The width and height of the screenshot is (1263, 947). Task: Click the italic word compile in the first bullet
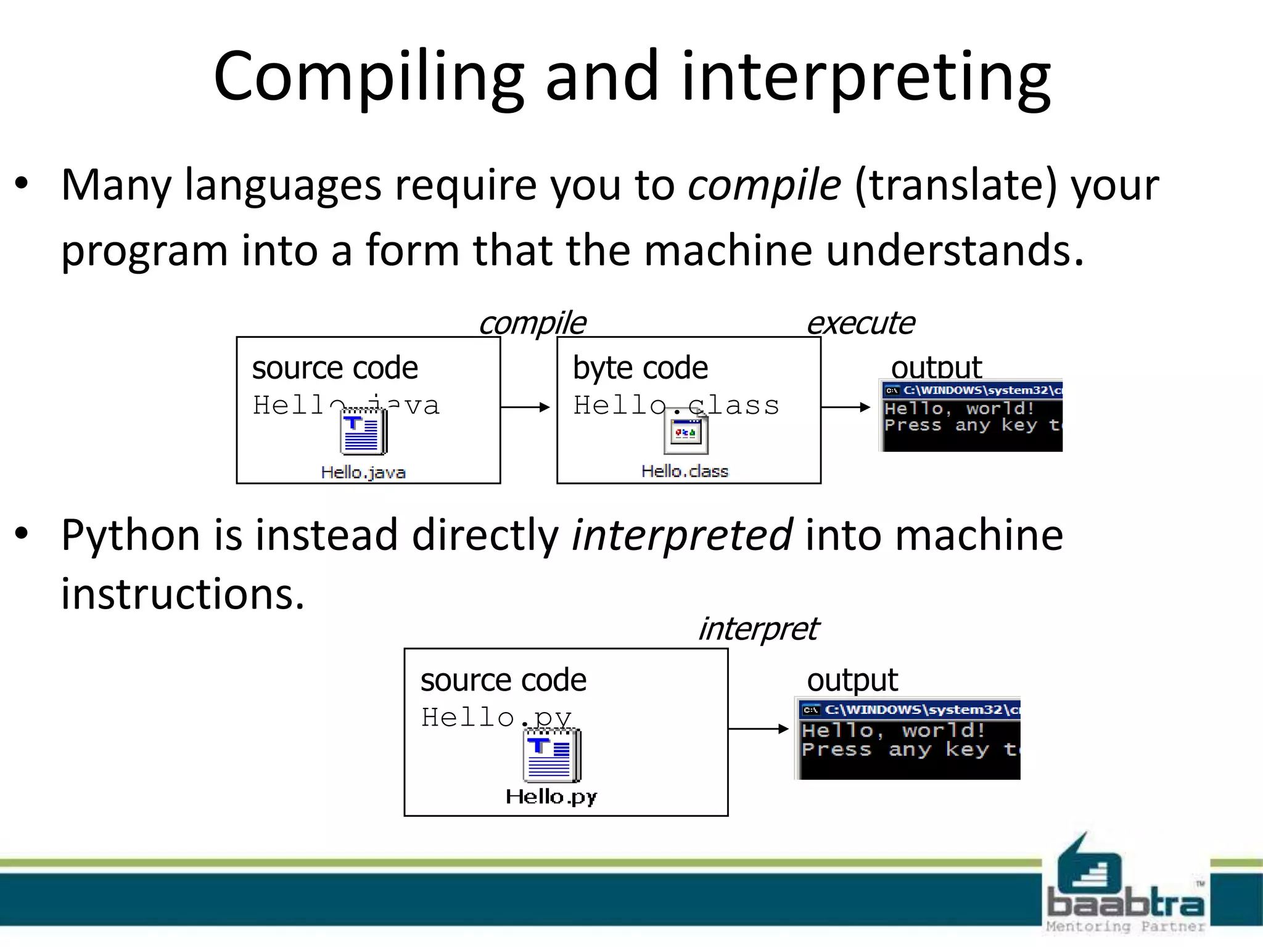[x=763, y=184]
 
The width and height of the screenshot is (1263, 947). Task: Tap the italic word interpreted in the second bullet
[x=681, y=535]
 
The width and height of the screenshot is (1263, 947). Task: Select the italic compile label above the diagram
[x=532, y=323]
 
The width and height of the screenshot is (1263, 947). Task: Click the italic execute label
[x=860, y=323]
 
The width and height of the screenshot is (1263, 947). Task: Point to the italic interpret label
[x=757, y=629]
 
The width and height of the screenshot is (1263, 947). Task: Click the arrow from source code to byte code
[x=525, y=407]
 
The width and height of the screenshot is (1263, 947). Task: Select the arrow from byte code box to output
[x=845, y=407]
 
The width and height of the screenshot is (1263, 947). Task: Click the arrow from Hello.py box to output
[x=758, y=729]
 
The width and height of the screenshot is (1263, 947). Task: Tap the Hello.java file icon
[x=363, y=432]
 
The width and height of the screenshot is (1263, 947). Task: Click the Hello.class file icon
[x=685, y=432]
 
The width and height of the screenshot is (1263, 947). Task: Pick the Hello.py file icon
[x=551, y=756]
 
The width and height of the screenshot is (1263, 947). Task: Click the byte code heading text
[x=640, y=368]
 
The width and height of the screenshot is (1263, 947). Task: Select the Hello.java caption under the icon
[x=363, y=472]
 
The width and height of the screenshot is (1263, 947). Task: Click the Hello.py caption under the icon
[x=551, y=797]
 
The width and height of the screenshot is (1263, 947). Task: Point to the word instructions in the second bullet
[x=183, y=594]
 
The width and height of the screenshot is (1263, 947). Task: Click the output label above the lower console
[x=852, y=680]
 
